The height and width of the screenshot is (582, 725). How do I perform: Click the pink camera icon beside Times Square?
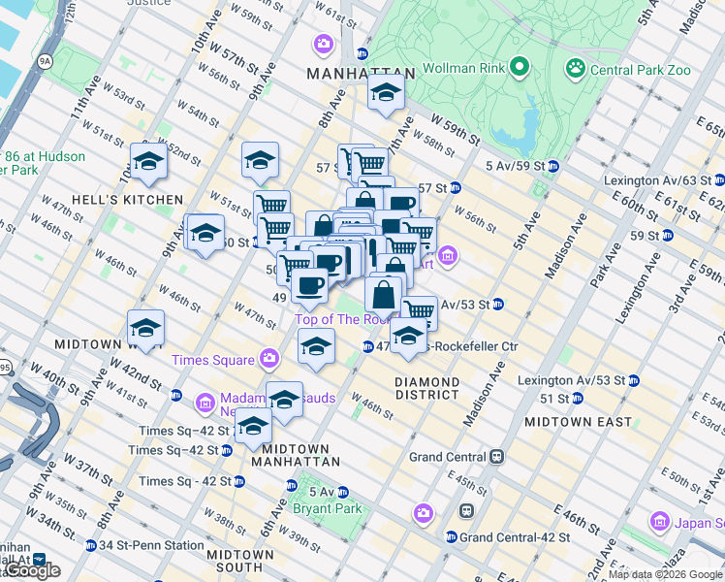(x=270, y=360)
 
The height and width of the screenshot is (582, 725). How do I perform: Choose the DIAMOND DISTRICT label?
(x=426, y=388)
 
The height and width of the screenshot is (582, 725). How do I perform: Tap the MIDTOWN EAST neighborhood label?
(x=578, y=422)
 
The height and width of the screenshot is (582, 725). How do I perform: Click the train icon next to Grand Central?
(x=497, y=456)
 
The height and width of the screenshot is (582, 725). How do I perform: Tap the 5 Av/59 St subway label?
(x=510, y=165)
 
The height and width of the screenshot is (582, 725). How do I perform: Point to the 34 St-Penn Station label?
(x=148, y=545)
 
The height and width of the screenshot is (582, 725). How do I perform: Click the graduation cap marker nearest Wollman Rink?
(x=386, y=94)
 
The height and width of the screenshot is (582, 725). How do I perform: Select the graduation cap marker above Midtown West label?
(x=145, y=329)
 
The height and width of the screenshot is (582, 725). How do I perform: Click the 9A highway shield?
(x=45, y=60)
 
